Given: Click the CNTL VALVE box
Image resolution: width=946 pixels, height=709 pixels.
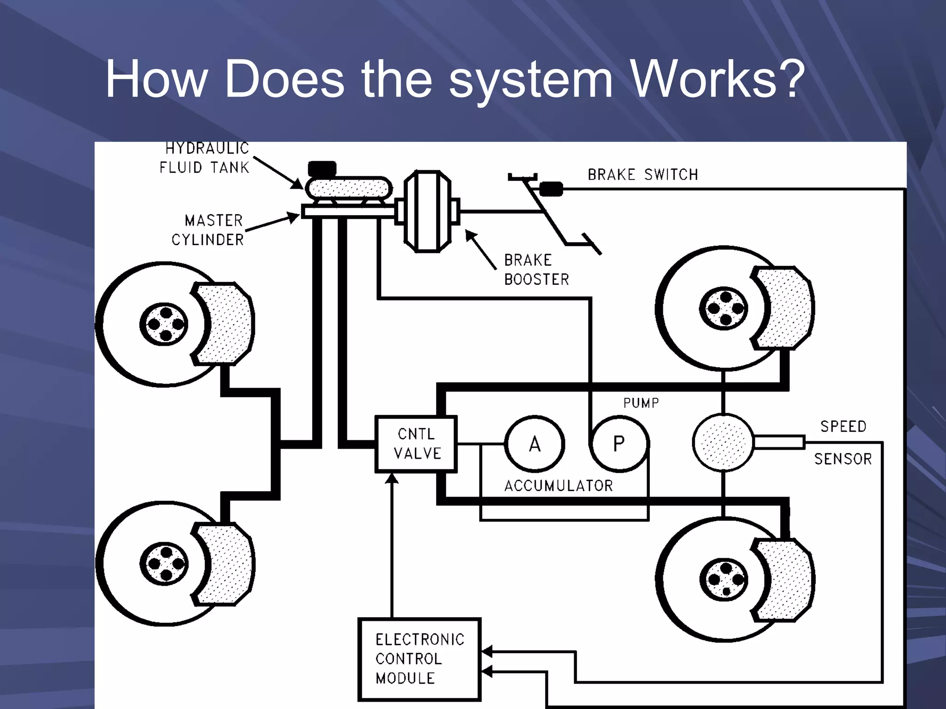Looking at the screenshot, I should [416, 444].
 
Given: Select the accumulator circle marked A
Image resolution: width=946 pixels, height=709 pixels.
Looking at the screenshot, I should [534, 444].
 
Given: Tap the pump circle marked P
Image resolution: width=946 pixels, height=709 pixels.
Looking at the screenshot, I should [619, 444].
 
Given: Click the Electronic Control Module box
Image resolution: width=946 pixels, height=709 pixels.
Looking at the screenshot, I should [419, 659].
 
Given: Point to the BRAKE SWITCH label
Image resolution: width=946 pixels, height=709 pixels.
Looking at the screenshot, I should [643, 175].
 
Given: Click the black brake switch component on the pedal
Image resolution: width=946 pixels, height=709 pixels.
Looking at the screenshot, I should [551, 189].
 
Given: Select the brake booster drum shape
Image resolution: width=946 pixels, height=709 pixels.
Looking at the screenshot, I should [427, 211].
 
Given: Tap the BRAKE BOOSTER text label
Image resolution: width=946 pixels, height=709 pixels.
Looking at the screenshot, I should [536, 270].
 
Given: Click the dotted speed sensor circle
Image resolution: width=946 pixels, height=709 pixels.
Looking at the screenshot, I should [723, 443].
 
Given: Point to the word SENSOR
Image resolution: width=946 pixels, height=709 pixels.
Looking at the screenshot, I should [843, 459].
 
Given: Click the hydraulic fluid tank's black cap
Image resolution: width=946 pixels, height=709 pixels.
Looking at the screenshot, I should [322, 168].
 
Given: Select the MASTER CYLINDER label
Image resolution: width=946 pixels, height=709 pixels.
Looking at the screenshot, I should [208, 230].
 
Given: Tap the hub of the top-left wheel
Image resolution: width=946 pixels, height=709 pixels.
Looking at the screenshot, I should [164, 324].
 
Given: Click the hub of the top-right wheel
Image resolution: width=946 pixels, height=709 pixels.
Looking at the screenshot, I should [724, 308].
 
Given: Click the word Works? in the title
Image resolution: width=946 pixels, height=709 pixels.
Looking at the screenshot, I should [718, 79].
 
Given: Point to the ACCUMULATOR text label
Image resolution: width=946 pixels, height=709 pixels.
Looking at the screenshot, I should [558, 486].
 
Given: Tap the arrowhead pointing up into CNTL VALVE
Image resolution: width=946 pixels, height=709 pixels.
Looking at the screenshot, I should [392, 479].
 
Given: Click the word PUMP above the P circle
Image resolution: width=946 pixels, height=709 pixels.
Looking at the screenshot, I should [641, 403].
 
